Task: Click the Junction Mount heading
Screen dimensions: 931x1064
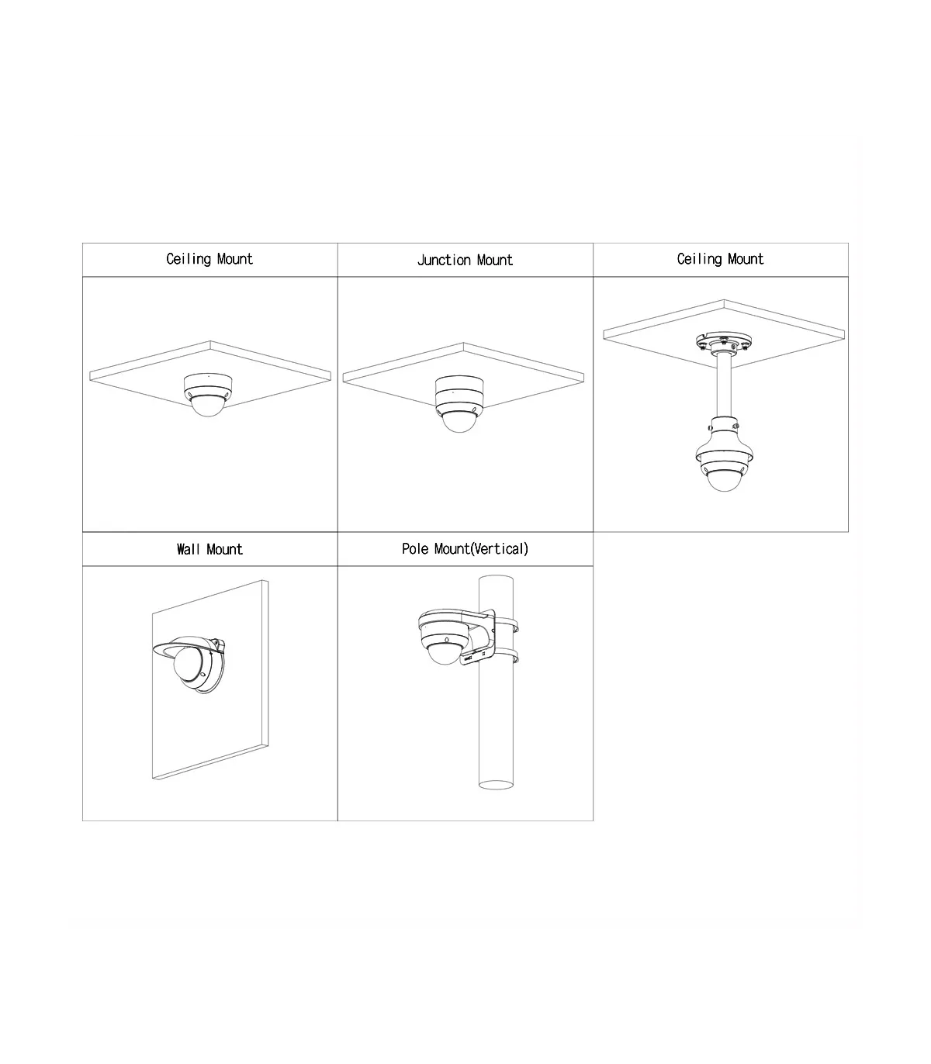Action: (465, 260)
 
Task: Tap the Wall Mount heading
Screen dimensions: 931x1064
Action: (209, 549)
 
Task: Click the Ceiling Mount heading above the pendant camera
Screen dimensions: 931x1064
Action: (720, 259)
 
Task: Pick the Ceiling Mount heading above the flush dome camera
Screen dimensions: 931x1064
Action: (209, 259)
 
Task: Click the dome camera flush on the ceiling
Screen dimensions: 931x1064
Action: (208, 395)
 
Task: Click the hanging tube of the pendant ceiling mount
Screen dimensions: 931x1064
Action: (724, 385)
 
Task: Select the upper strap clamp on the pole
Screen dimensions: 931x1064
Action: (506, 625)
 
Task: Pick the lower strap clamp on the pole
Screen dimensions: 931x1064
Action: (506, 655)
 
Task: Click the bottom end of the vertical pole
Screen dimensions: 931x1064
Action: (496, 785)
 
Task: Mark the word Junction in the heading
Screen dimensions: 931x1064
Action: (444, 260)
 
